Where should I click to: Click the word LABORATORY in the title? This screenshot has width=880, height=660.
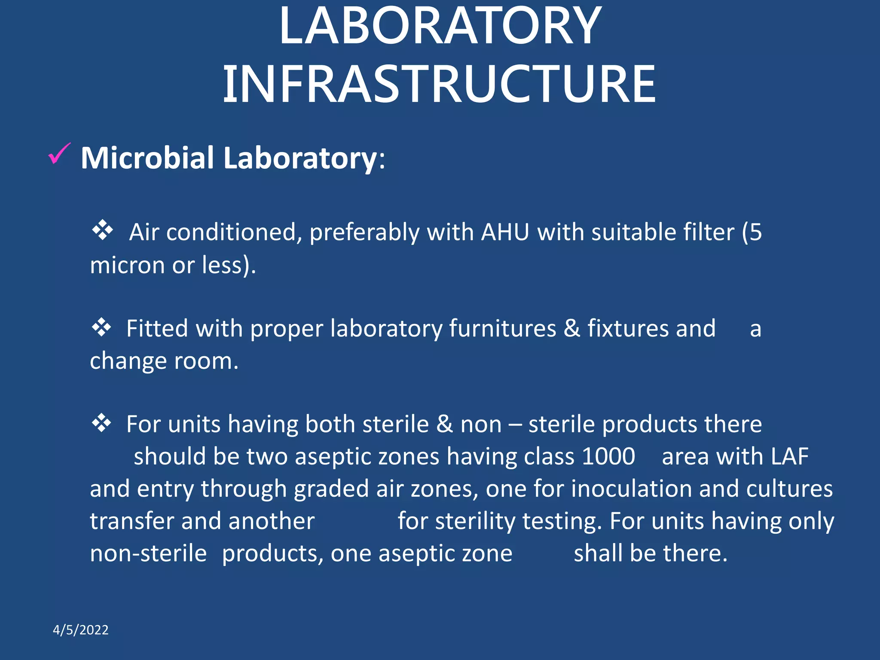[440, 27]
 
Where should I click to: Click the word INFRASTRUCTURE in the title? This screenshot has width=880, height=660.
[439, 84]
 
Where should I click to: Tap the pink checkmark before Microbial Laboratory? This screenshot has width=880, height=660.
[59, 154]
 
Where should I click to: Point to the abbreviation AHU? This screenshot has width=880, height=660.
[505, 232]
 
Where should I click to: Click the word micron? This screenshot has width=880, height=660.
[127, 265]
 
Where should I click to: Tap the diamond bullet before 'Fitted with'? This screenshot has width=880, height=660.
[101, 327]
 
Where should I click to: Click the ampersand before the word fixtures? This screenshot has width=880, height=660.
[571, 329]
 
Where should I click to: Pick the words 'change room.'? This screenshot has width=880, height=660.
[164, 361]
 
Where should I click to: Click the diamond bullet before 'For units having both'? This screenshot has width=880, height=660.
[101, 423]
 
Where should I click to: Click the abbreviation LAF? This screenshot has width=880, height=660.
[789, 456]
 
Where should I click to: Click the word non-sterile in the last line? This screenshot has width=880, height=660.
[148, 553]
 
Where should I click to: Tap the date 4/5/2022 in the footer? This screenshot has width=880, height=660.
[80, 630]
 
